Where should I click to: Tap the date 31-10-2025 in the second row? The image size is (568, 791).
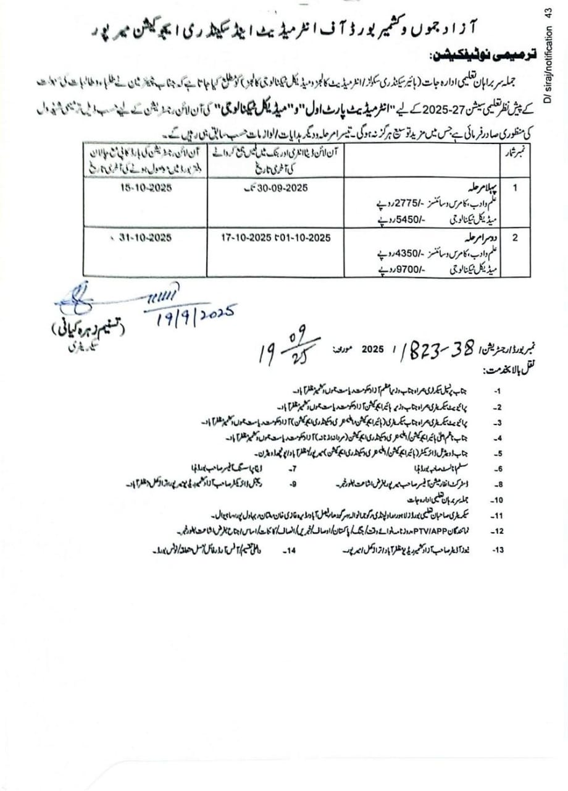pyautogui.click(x=144, y=237)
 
